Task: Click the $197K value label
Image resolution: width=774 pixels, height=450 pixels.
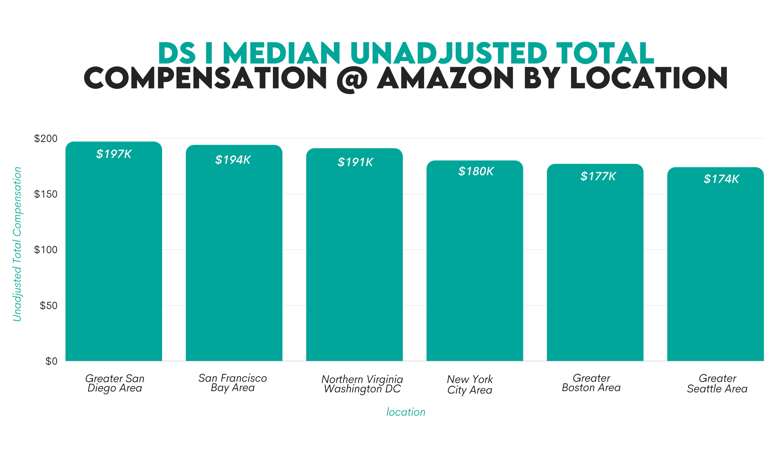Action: (x=114, y=154)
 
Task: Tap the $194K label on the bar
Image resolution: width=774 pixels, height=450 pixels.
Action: (x=233, y=160)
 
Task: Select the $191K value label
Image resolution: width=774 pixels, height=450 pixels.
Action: (x=355, y=163)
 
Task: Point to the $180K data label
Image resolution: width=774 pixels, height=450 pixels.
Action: (x=476, y=172)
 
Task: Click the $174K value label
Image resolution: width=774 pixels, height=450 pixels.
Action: (x=721, y=179)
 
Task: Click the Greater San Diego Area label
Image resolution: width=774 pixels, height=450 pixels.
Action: (x=115, y=383)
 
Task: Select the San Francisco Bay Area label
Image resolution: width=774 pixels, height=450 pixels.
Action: (x=233, y=383)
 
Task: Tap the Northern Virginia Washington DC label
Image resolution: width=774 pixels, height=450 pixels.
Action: (x=362, y=384)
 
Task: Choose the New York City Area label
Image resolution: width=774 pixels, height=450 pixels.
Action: (x=470, y=385)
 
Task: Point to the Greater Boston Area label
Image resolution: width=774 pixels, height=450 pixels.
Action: (x=591, y=383)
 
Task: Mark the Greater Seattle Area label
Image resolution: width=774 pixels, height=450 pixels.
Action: (x=717, y=384)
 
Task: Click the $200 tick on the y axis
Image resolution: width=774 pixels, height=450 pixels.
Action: (x=46, y=139)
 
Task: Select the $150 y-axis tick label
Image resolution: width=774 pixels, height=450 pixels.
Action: (x=46, y=195)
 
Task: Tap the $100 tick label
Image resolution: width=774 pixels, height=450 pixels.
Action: (x=46, y=250)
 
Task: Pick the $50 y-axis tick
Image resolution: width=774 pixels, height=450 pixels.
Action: (x=48, y=306)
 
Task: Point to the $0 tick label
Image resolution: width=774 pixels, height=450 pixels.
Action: (x=51, y=361)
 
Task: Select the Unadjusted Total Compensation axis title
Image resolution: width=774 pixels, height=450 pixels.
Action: (x=17, y=244)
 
